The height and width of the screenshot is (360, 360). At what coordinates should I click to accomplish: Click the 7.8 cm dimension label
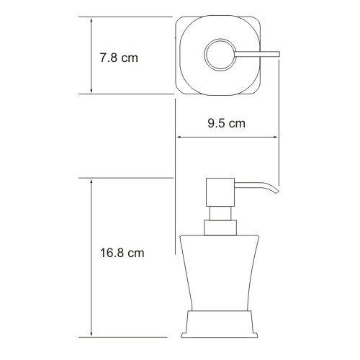119,58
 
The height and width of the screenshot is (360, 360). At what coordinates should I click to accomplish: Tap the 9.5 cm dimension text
227,123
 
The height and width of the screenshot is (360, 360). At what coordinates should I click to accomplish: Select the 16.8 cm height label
122,253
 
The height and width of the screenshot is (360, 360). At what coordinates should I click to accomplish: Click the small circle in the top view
220,55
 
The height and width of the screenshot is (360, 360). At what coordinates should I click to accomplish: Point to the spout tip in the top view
279,54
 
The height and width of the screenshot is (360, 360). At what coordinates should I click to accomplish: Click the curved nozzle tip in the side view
276,190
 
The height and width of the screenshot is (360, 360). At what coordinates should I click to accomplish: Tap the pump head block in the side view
220,192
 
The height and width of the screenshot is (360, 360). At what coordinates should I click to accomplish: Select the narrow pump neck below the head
220,213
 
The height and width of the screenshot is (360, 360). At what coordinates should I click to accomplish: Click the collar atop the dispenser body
220,228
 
